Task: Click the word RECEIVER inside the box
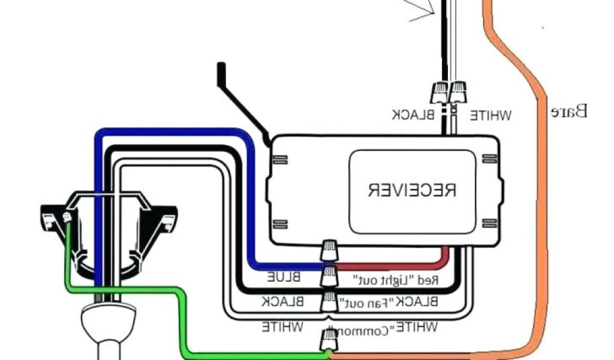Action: pos(412,190)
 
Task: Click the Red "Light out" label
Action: pos(396,280)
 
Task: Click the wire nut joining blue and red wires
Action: pos(329,251)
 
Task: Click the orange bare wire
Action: pos(543,180)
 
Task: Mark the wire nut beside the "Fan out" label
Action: pos(329,299)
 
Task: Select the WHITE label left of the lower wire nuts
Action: pos(282,327)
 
